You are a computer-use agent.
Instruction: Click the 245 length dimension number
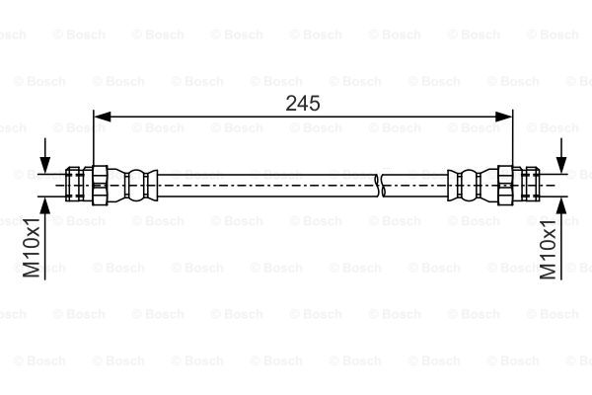click(303, 103)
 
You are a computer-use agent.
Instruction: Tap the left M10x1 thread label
click(31, 247)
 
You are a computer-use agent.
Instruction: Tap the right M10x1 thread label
click(549, 249)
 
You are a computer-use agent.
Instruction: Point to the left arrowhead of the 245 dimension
click(103, 117)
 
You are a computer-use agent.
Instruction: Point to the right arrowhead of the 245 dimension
click(503, 117)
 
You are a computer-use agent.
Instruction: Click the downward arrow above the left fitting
click(45, 156)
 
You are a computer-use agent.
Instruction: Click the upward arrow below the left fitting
click(45, 239)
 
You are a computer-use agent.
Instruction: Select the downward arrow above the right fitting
click(561, 156)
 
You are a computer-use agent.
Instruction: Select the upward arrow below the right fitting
click(561, 239)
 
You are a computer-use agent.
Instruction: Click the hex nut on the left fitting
click(100, 186)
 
